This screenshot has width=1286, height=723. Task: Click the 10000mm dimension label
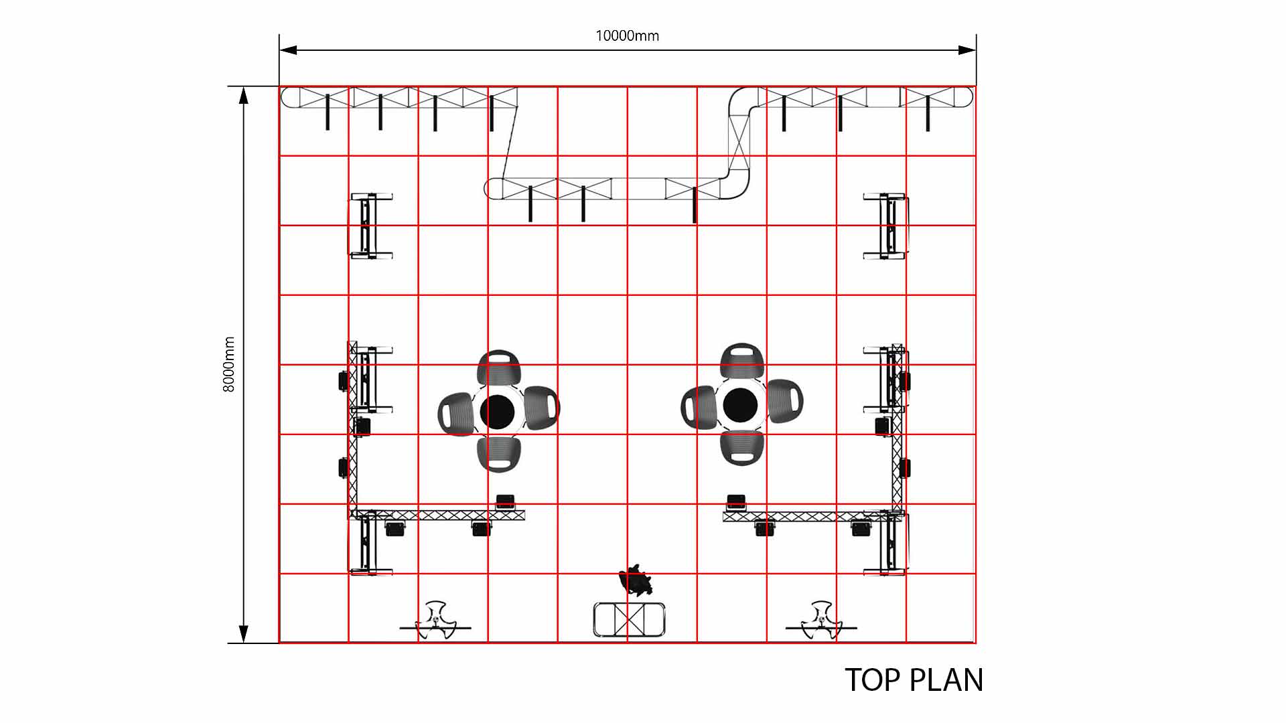(627, 35)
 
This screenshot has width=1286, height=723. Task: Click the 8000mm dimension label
(229, 364)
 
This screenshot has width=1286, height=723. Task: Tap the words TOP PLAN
(914, 680)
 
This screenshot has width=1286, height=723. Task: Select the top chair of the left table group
(499, 367)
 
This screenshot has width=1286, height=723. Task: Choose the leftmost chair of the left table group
(456, 413)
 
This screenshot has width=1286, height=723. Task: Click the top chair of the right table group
(742, 361)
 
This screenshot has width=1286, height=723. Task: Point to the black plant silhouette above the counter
(636, 580)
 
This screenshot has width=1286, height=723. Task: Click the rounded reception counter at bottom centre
(629, 619)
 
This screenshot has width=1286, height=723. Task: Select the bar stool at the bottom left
(435, 621)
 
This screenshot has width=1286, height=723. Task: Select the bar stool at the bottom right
(821, 621)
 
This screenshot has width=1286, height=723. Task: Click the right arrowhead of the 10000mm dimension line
(967, 50)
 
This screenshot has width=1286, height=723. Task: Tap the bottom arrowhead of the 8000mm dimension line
(244, 634)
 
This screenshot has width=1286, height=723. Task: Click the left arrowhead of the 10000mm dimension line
(289, 50)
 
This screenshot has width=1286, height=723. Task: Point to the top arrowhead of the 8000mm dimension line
(244, 96)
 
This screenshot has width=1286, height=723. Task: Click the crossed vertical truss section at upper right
(739, 144)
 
